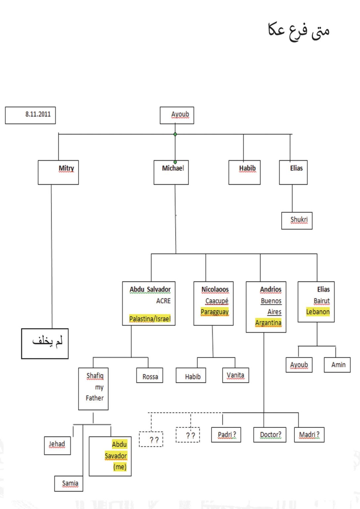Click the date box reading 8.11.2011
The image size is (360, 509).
30,115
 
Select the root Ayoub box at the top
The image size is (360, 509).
177,115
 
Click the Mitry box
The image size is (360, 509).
58,172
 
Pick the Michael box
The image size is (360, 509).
171,172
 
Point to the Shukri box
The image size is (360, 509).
297,220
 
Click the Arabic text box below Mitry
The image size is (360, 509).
45,343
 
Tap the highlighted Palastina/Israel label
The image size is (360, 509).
150,318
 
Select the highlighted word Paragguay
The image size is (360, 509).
215,312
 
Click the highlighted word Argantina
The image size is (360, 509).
268,323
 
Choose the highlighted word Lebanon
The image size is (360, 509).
318,312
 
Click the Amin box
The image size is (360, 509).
337,365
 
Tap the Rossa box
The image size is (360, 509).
150,375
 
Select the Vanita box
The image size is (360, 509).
235,375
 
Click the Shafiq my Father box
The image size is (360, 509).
93,388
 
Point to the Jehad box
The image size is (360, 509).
57,445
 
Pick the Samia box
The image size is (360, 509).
69,483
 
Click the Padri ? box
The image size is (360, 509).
226,435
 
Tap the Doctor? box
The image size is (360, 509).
270,435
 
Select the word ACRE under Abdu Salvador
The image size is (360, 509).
163,301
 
